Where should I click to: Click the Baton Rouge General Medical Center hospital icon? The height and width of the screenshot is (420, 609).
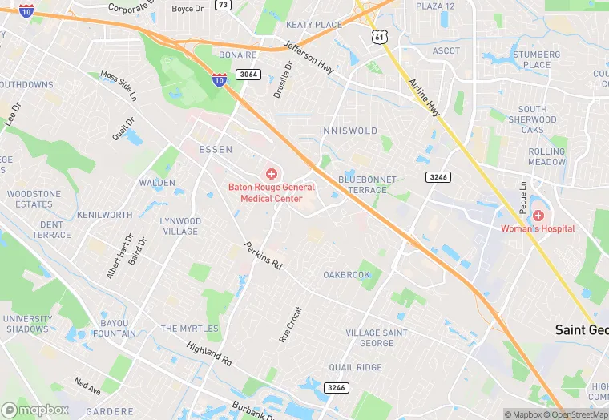(x=271, y=174)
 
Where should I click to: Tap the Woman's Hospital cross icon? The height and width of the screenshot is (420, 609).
(x=538, y=216)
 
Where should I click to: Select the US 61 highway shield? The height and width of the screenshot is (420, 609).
(x=379, y=38)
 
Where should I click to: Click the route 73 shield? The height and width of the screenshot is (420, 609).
(x=223, y=5)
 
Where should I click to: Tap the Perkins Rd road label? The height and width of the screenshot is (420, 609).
(x=264, y=256)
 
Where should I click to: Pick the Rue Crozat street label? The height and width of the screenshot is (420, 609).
(x=290, y=325)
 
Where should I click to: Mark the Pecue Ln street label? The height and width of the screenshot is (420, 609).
(x=523, y=197)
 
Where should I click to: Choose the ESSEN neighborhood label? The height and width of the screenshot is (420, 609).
(x=216, y=150)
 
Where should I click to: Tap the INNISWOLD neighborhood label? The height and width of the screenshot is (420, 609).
(x=348, y=131)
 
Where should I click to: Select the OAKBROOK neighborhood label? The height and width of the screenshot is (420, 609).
(x=347, y=275)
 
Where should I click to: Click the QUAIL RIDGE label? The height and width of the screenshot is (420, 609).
(x=356, y=367)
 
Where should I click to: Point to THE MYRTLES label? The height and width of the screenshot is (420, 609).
(x=190, y=329)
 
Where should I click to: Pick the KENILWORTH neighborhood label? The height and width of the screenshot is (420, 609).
(x=105, y=216)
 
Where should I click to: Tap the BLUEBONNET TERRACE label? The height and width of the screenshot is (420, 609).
(x=362, y=184)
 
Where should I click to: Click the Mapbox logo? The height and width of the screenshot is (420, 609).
(x=35, y=410)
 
